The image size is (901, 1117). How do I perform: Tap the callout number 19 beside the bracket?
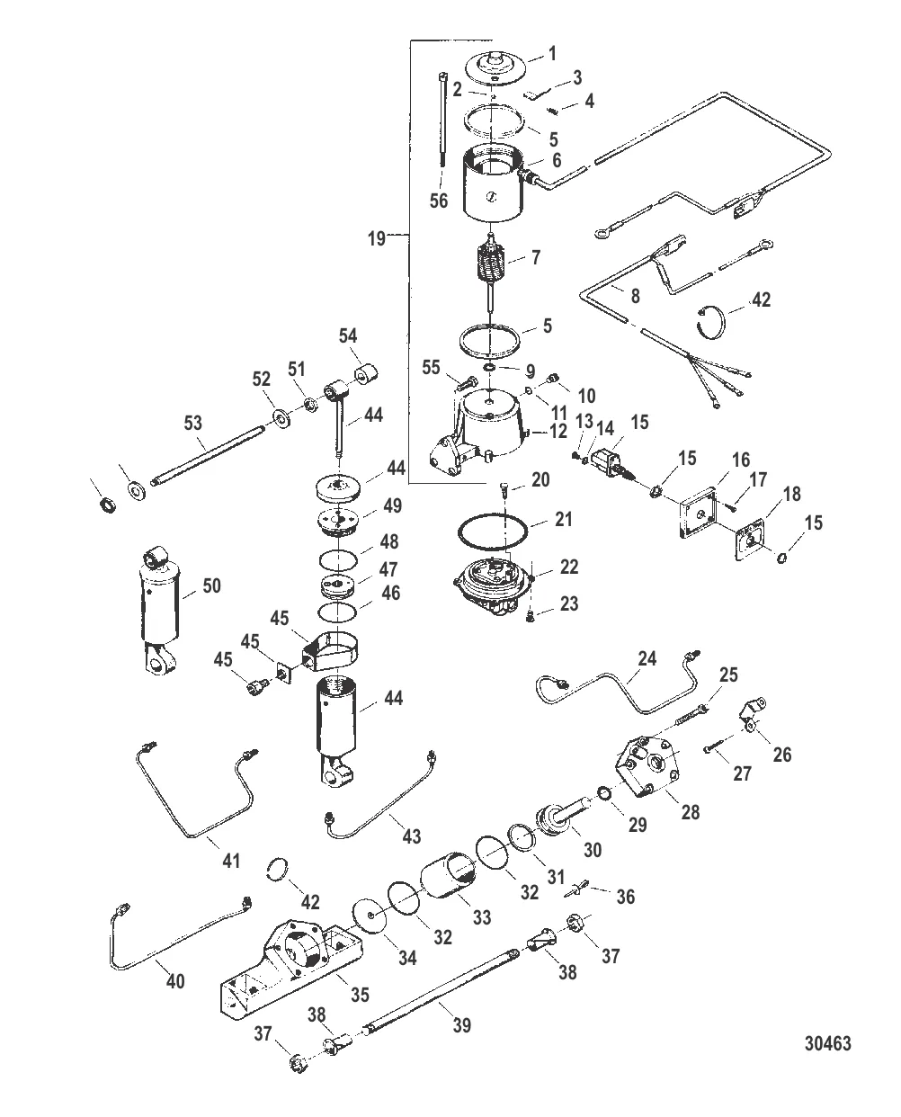point(377,238)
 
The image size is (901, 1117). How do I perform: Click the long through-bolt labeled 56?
point(442,120)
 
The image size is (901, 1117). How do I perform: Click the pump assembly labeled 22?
point(493,585)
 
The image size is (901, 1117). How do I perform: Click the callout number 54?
point(348,335)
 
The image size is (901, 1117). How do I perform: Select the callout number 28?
point(690,811)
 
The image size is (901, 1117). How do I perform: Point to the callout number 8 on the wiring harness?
point(635,296)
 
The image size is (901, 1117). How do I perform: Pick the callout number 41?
point(231,861)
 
